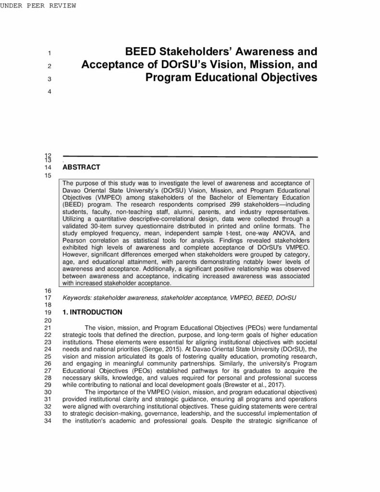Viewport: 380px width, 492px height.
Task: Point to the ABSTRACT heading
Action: (81, 167)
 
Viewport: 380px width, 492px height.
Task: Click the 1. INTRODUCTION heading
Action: (92, 312)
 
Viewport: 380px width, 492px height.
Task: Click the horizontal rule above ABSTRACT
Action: (190, 157)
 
